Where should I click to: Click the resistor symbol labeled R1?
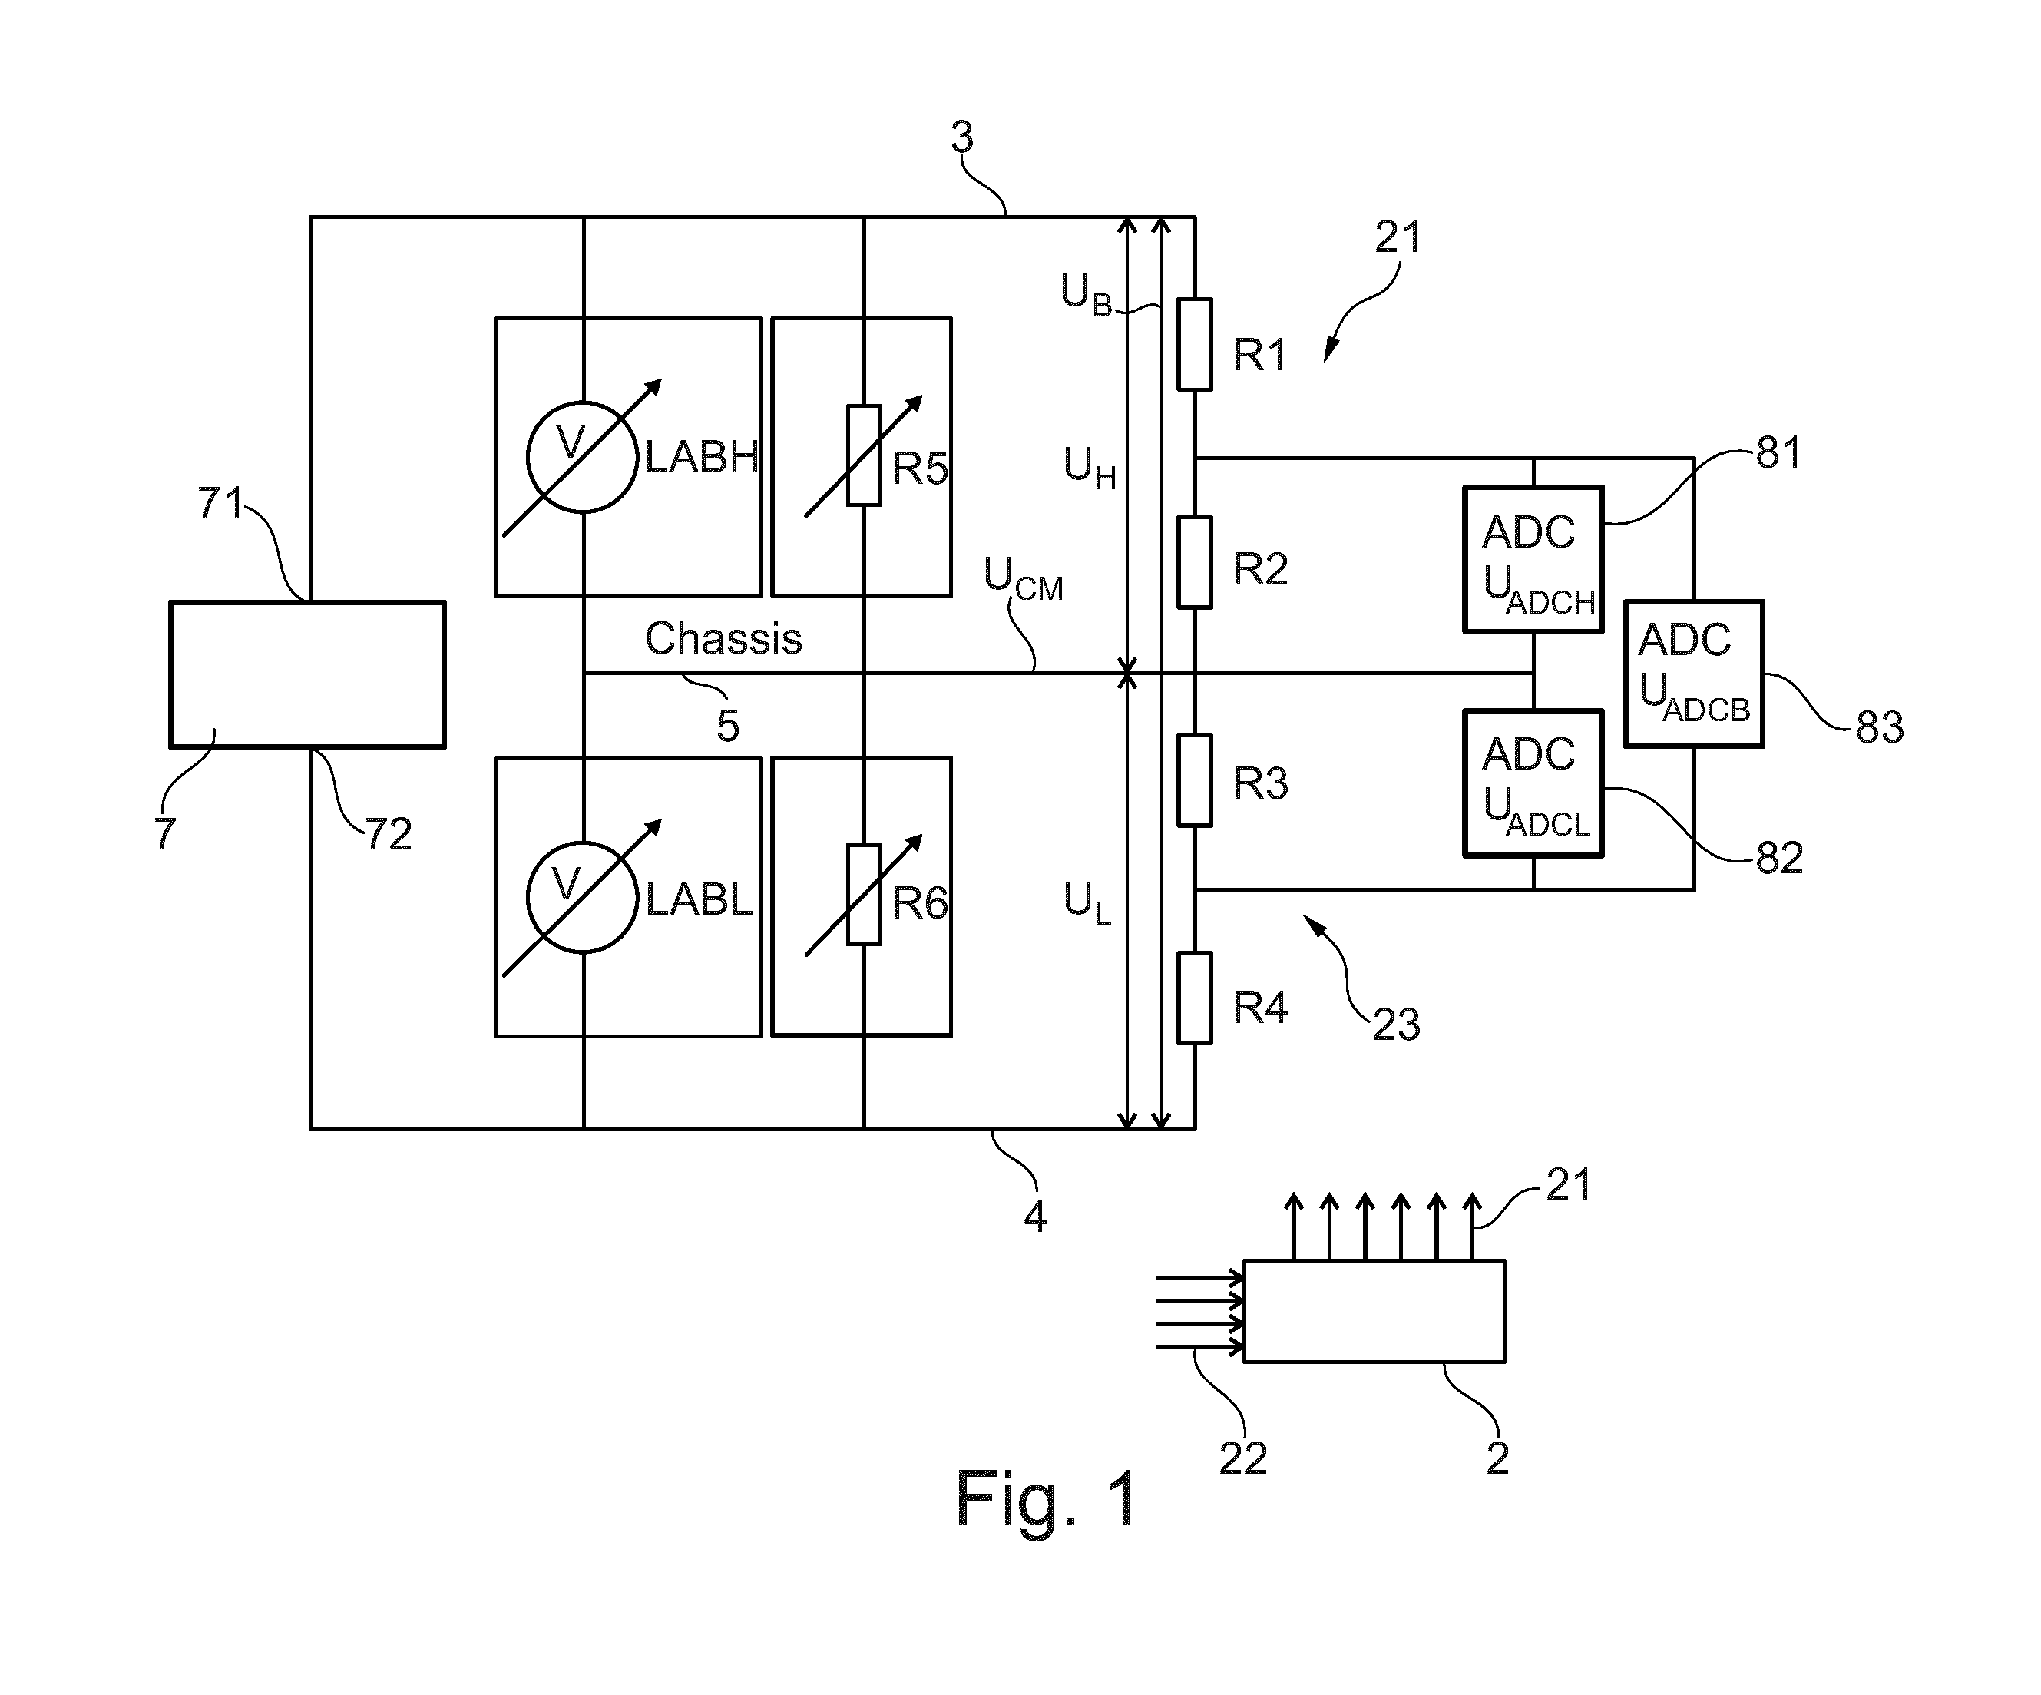pos(1195,344)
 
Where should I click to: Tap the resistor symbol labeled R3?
pos(1195,780)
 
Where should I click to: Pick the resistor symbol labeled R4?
pos(1195,998)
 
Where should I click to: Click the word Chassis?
pos(723,638)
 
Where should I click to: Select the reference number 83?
pos(1879,727)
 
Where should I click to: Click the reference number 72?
pos(388,834)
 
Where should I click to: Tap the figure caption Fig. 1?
pos(1047,1498)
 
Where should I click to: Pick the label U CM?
pos(1024,579)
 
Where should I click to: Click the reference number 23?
pos(1396,1025)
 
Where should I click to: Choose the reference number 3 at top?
pos(961,137)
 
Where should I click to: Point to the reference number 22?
pos(1243,1458)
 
